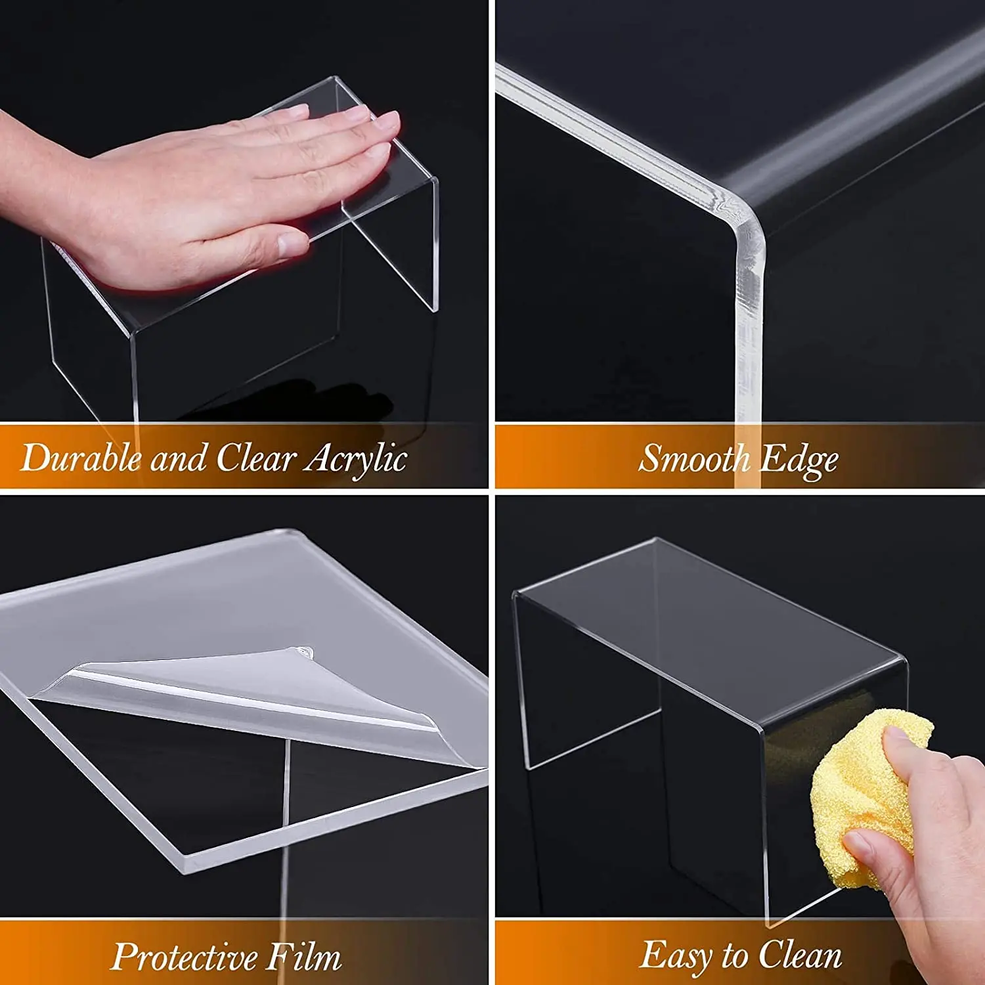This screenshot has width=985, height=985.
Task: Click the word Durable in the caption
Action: coord(80,458)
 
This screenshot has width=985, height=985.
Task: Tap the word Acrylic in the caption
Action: coord(356,459)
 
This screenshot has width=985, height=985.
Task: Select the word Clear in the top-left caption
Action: coord(255,458)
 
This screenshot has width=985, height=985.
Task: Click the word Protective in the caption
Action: coord(184,957)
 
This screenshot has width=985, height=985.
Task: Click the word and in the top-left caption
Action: coord(178,458)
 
